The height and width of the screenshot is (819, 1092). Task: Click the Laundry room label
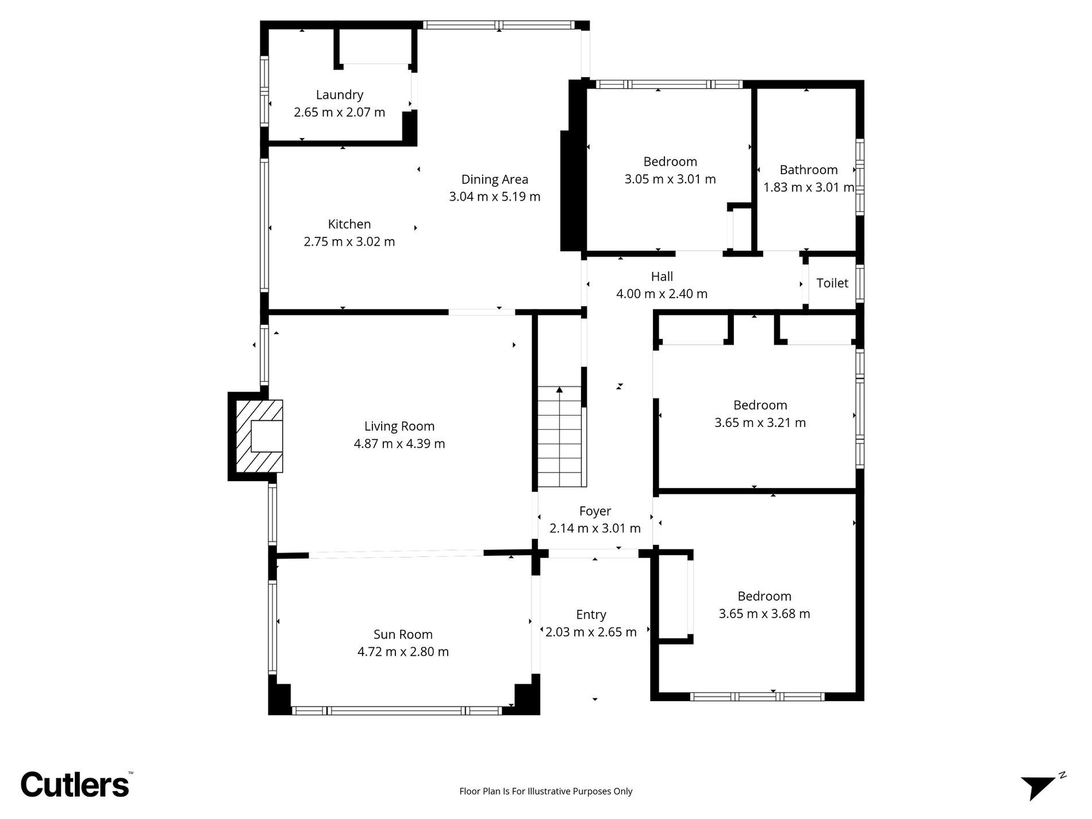340,95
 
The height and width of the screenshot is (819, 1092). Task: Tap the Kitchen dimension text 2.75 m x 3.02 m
349,241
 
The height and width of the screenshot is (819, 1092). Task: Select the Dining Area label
495,180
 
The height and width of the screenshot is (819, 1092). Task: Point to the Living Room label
399,426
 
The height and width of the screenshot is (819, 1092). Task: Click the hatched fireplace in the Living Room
259,436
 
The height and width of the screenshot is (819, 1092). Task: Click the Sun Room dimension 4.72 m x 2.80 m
403,652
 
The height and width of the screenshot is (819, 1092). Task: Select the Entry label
591,615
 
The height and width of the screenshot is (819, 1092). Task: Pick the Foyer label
595,511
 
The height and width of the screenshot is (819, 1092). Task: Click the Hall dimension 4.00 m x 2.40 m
662,294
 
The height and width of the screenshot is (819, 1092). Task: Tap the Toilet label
832,283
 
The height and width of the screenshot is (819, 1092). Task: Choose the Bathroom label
809,170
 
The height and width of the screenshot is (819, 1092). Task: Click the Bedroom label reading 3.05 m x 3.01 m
670,162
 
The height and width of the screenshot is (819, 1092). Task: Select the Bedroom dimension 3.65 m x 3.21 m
760,423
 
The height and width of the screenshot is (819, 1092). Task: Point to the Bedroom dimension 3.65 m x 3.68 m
764,614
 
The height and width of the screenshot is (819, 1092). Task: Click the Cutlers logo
76,784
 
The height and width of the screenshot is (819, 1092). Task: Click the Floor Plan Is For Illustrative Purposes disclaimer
545,791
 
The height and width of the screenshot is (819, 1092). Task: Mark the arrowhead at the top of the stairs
559,390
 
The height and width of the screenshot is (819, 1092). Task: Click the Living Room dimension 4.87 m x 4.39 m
399,444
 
